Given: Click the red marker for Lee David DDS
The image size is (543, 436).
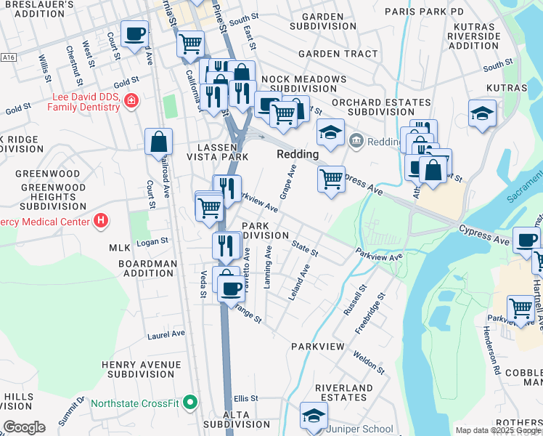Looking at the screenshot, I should click(x=131, y=100).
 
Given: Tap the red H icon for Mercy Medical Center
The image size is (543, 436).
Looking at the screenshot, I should click(x=101, y=221).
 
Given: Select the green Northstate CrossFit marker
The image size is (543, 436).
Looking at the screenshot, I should click(x=190, y=401).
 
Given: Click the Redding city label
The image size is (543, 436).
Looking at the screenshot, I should click(x=298, y=155).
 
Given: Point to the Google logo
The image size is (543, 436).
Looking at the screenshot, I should click(x=24, y=427).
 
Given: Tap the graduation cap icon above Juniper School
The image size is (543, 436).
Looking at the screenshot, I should click(x=314, y=415).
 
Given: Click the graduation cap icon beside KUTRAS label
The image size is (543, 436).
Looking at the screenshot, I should click(x=482, y=113).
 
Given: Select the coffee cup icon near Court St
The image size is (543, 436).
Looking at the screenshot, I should click(x=135, y=33).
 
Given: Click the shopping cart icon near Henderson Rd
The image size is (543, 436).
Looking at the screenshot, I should click(x=520, y=308).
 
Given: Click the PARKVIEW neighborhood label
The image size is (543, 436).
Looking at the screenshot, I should click(x=317, y=347).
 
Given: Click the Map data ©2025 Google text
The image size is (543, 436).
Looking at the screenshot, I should click(x=497, y=430).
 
